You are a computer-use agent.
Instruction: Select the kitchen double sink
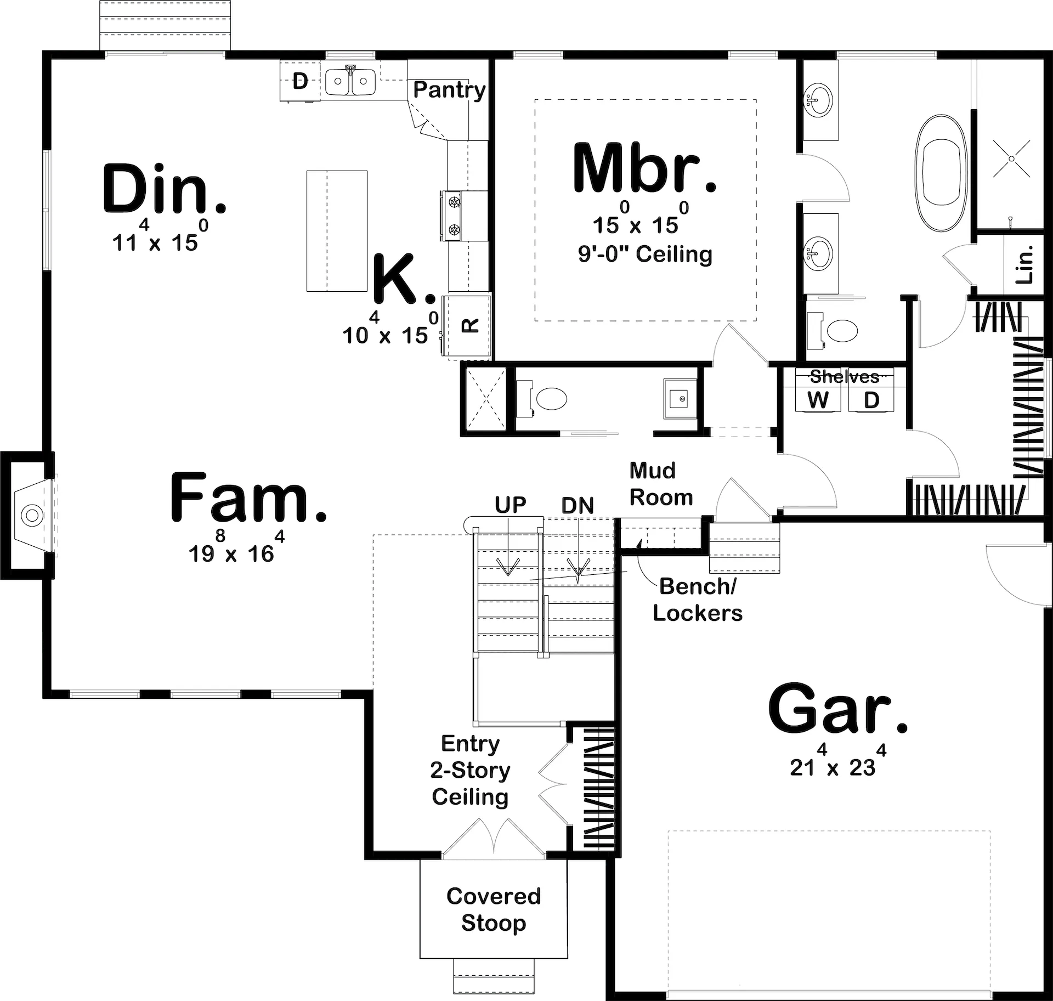[350, 82]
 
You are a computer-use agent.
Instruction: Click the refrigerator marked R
[467, 326]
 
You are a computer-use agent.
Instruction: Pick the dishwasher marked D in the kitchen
[300, 81]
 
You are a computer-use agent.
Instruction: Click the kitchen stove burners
[454, 216]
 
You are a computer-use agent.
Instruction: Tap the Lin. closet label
[1023, 265]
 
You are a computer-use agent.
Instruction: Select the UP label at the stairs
[511, 505]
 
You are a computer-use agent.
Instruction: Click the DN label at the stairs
[578, 506]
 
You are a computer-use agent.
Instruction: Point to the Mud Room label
[661, 484]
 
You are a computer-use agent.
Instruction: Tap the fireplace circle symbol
[32, 515]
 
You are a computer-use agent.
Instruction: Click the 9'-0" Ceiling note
[645, 255]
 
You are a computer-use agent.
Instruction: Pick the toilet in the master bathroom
[832, 331]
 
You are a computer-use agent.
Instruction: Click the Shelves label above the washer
[845, 377]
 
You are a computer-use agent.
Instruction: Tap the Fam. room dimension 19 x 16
[236, 547]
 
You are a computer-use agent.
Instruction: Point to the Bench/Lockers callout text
[698, 600]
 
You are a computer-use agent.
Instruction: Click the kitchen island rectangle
[337, 231]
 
